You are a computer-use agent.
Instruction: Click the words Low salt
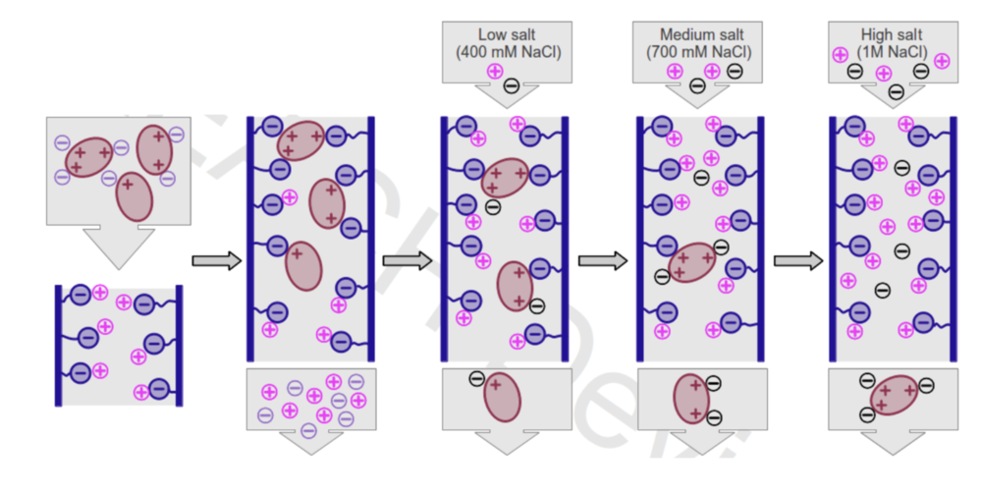pos(504,33)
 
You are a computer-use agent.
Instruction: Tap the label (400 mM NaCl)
pos(504,51)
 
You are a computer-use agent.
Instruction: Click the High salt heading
pos(893,33)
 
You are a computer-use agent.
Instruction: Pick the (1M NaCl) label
pos(893,51)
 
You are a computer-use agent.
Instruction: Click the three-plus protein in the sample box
pos(89,155)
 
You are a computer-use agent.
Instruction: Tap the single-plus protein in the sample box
pos(135,195)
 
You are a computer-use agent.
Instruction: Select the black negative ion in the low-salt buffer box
pos(512,85)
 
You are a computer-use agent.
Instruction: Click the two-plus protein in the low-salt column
pos(515,286)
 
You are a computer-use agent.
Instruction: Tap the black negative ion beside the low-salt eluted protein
pos(476,379)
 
